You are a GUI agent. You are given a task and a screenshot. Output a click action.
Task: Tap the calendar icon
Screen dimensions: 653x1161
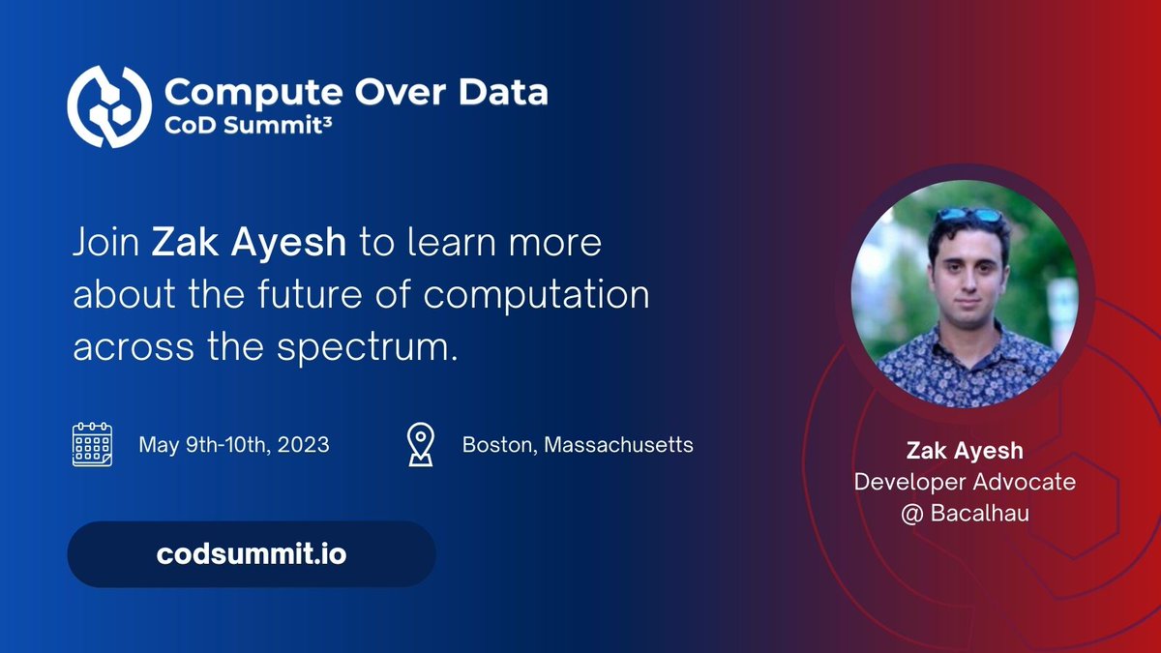93,445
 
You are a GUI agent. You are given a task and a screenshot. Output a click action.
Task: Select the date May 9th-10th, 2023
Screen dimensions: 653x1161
233,446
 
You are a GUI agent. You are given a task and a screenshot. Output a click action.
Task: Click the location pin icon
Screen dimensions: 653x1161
419,445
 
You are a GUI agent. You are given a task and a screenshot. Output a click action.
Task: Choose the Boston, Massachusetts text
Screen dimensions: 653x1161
577,446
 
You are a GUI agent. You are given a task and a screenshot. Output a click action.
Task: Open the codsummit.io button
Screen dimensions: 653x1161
251,554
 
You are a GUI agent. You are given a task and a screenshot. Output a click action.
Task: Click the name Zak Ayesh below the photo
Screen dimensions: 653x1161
965,451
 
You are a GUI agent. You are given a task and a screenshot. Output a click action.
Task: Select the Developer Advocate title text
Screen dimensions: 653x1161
965,481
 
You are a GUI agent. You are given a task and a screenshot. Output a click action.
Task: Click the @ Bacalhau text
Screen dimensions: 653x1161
965,512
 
